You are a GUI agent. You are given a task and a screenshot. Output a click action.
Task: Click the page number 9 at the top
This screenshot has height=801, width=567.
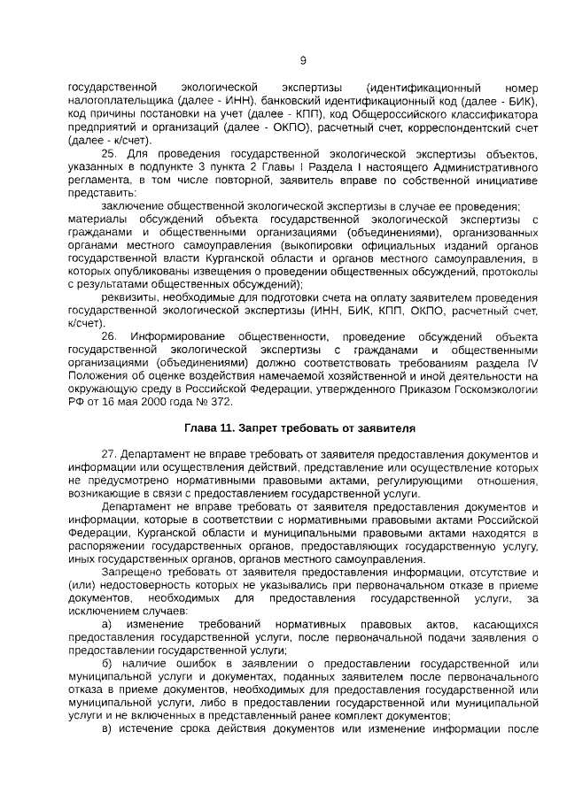(x=303, y=61)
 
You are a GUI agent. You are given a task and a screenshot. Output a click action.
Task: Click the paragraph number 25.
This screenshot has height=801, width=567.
(x=108, y=154)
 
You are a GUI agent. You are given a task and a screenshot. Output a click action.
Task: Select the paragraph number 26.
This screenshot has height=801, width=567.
(x=108, y=337)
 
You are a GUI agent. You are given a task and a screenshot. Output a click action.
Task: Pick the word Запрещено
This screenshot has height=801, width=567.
(x=132, y=573)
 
